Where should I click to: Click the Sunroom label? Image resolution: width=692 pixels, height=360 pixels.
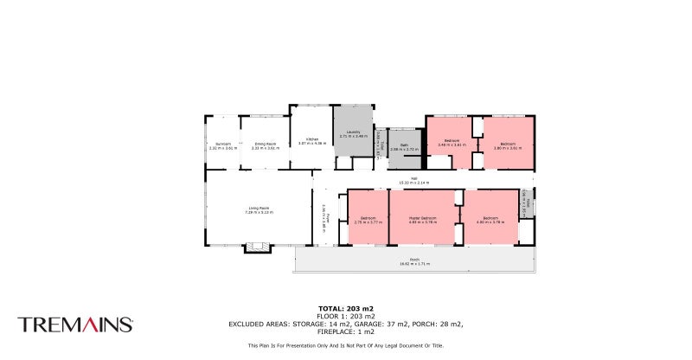(222, 145)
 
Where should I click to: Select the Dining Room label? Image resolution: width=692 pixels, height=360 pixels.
(265, 145)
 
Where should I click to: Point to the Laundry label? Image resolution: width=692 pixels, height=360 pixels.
(353, 132)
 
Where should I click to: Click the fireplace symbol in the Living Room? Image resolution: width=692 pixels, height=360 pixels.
(258, 247)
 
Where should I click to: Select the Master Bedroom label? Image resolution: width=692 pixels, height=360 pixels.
(423, 218)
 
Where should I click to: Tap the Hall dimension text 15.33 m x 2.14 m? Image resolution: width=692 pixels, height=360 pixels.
(413, 183)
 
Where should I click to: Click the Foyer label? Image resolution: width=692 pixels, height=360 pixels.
(328, 216)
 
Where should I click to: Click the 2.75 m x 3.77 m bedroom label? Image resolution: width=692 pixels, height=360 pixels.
(368, 220)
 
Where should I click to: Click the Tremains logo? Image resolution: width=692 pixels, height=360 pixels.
(75, 325)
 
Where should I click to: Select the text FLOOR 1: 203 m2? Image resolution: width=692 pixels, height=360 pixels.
(345, 316)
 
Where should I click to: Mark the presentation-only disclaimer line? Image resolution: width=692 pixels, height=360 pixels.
(345, 345)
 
